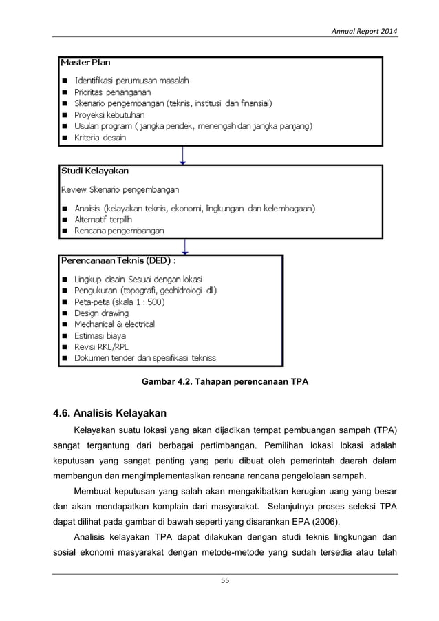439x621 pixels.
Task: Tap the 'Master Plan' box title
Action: point(85,63)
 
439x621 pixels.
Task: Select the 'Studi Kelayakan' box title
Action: point(94,171)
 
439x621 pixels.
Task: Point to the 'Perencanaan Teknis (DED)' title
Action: point(118,261)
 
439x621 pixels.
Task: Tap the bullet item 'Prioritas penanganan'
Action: point(113,92)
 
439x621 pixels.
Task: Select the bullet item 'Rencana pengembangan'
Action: point(119,231)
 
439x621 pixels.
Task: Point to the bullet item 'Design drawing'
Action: point(101,313)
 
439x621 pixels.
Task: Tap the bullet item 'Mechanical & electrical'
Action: point(114,324)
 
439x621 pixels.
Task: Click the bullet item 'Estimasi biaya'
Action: point(100,336)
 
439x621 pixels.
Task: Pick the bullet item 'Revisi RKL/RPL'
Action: point(101,347)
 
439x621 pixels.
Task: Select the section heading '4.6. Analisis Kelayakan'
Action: point(111,413)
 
